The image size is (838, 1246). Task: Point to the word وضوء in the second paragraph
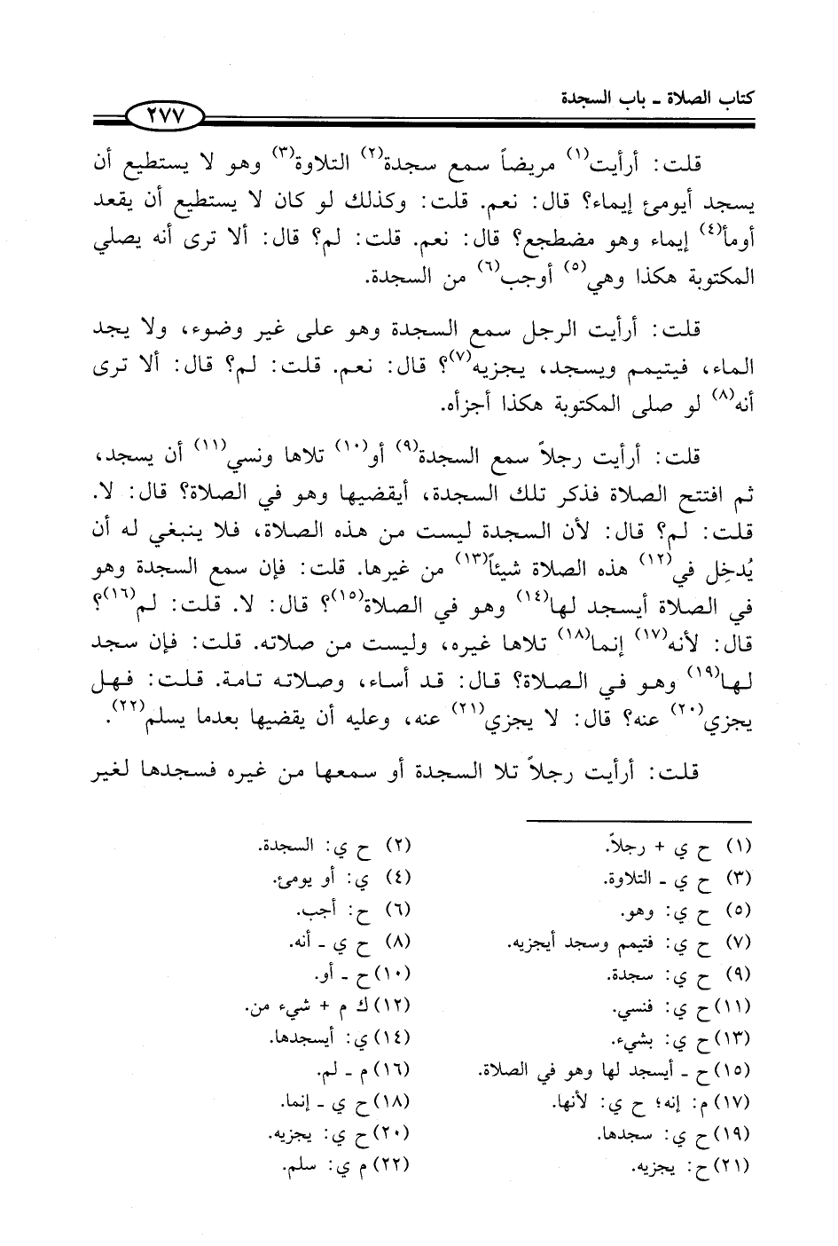click(x=267, y=331)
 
